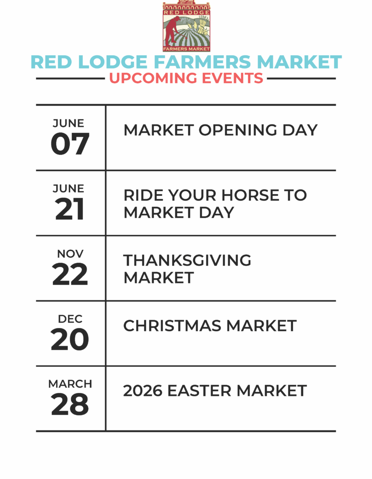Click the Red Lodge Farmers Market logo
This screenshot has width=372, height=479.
[x=186, y=26]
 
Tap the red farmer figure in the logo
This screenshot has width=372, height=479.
[x=173, y=31]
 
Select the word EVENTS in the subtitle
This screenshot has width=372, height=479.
[x=232, y=78]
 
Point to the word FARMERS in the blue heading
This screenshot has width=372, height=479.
[x=202, y=62]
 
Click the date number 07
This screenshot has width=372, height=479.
[x=70, y=144]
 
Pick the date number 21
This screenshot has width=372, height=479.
[x=70, y=209]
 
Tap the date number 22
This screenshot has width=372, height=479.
[x=70, y=274]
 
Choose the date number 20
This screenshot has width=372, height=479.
[x=70, y=339]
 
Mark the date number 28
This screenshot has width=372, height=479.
[x=70, y=404]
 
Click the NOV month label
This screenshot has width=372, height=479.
[x=70, y=254]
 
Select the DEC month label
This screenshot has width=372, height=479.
[x=70, y=319]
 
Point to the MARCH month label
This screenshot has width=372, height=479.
[x=70, y=384]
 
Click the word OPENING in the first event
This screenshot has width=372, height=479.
[x=238, y=130]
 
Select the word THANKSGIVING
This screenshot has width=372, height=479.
[x=187, y=260]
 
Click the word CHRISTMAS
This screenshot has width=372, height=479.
[x=172, y=326]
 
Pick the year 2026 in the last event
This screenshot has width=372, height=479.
[x=142, y=391]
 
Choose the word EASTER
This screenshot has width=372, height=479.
[x=199, y=391]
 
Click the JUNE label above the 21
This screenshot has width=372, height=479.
[x=68, y=189]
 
